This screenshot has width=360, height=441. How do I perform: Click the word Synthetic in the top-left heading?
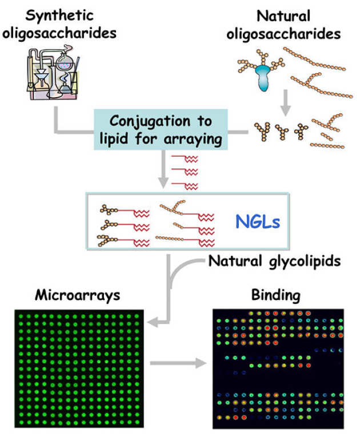pyautogui.click(x=59, y=14)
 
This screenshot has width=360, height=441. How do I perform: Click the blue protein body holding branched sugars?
pyautogui.click(x=265, y=80)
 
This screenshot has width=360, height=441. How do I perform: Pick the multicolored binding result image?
pyautogui.click(x=278, y=368)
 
